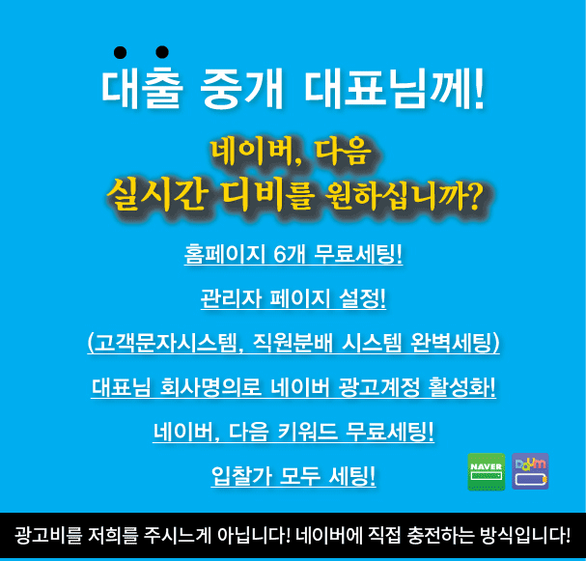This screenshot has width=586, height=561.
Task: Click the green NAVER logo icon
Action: pos(487,471)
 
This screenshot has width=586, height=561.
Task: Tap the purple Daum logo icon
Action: pos(530,471)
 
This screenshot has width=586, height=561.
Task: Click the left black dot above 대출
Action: pos(120,52)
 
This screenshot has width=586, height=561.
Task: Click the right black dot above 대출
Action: pos(162,52)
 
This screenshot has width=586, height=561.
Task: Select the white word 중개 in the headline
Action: pos(241,89)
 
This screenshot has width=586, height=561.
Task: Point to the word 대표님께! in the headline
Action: pos(394,89)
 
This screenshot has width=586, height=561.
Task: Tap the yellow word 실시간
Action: pos(157,194)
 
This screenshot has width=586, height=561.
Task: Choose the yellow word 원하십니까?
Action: pos(403,195)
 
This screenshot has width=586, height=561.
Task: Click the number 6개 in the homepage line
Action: pos(290,254)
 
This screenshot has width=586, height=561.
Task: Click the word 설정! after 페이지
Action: pos(362,298)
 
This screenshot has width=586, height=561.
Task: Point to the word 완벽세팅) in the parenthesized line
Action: pos(455,343)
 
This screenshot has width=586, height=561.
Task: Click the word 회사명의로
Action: pos(210,387)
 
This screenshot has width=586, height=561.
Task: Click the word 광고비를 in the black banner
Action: pos(48,535)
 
